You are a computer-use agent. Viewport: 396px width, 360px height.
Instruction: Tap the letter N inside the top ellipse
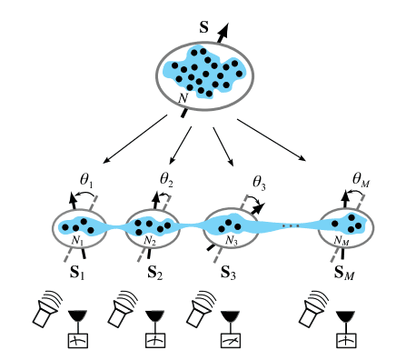tap(183, 97)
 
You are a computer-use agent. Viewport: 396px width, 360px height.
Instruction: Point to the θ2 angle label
tap(166, 178)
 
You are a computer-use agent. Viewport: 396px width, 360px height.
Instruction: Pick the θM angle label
tap(359, 182)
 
